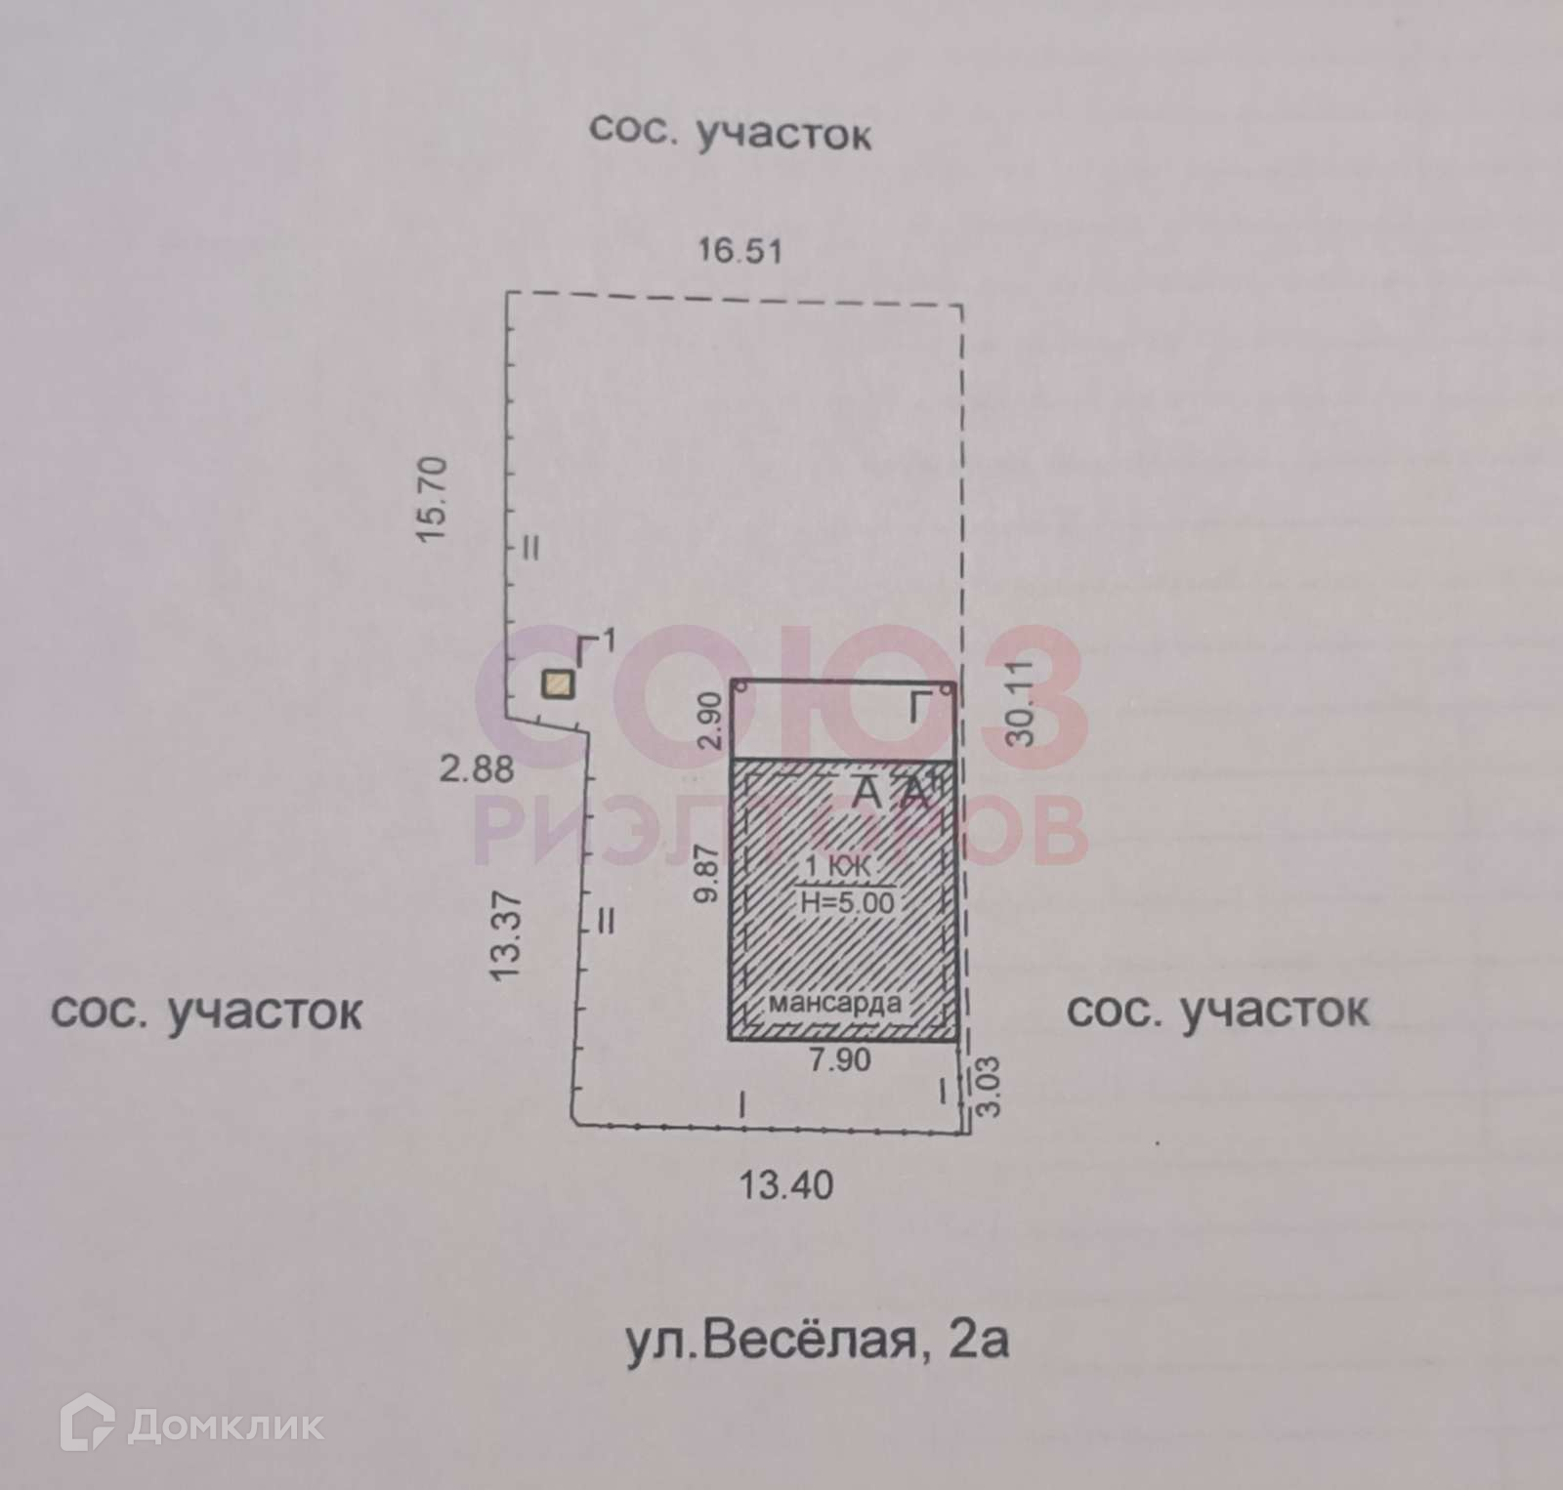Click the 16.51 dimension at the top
(739, 251)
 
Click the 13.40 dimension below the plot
(785, 1185)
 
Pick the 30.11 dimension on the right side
(1021, 702)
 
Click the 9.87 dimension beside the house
(710, 874)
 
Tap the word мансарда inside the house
(834, 1003)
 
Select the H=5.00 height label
(846, 902)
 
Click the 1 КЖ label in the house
(837, 865)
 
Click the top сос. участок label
(730, 132)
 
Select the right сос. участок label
(1217, 1011)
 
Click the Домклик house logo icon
(88, 1427)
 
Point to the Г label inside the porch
(914, 706)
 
